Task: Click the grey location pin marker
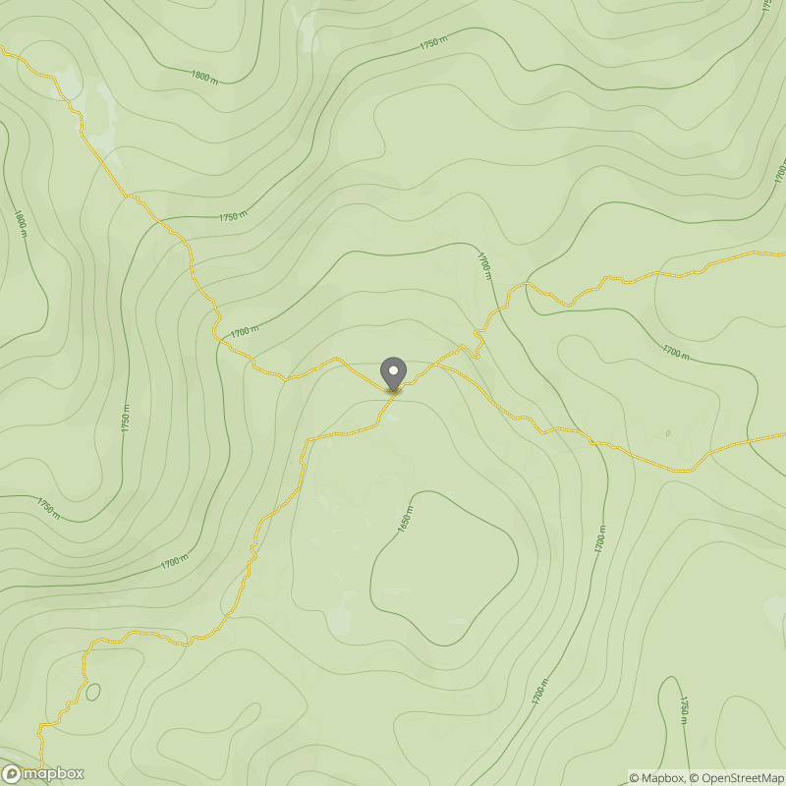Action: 393,374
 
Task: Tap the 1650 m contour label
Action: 404,519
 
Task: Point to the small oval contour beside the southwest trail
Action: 92,692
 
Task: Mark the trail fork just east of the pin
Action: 432,365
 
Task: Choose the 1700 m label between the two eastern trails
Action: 676,351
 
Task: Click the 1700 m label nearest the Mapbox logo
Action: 174,562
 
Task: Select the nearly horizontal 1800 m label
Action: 204,76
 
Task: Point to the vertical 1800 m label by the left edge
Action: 19,222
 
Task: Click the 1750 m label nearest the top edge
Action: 432,44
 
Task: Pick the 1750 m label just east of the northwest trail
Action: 233,216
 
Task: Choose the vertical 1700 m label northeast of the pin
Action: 484,266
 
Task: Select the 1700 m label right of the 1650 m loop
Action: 599,538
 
